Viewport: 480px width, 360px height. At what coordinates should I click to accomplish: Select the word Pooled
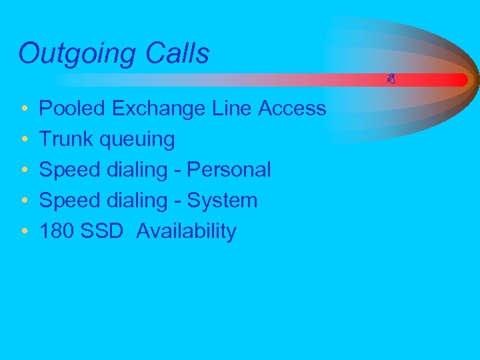click(73, 108)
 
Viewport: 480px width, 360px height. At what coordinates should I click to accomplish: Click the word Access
click(293, 108)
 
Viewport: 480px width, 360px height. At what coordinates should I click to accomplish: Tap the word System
click(223, 200)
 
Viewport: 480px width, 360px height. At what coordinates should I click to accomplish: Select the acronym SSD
click(101, 231)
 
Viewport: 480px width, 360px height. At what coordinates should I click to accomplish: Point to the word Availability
click(186, 231)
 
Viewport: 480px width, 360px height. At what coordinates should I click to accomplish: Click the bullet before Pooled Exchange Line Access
click(24, 109)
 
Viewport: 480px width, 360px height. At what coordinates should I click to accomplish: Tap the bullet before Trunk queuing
click(24, 139)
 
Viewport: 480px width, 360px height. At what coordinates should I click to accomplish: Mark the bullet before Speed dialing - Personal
click(24, 170)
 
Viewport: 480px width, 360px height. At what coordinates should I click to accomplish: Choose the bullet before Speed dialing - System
click(24, 201)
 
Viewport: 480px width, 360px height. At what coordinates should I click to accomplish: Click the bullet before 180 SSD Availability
click(24, 231)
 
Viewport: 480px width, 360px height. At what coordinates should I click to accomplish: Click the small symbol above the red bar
click(391, 80)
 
